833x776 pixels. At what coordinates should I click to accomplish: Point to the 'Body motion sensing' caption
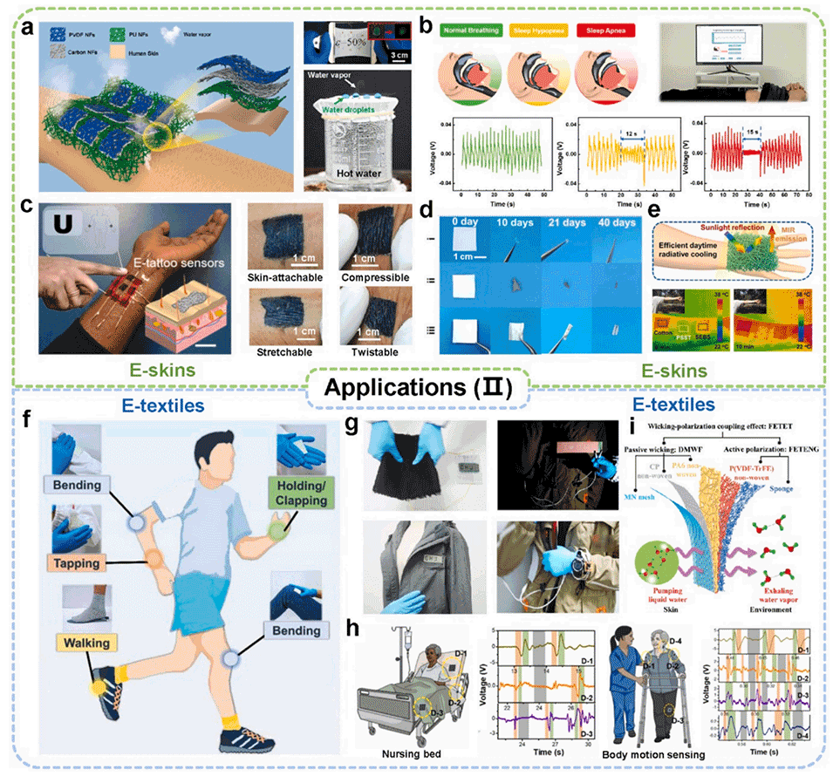click(657, 752)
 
